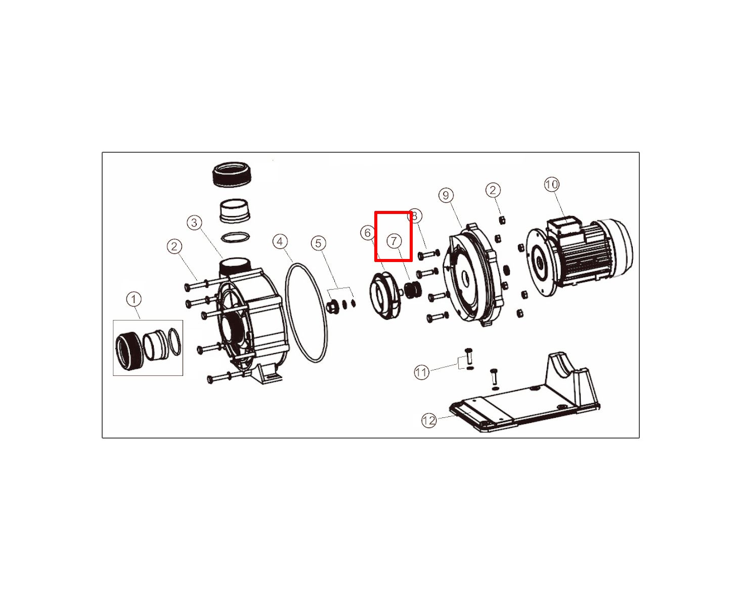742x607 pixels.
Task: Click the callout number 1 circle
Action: tap(134, 299)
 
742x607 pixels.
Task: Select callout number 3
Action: tap(194, 223)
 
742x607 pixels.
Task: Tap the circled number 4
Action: tap(280, 241)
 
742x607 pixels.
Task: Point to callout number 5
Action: tap(319, 243)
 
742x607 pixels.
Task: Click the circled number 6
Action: tap(368, 233)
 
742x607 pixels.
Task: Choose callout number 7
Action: tap(394, 241)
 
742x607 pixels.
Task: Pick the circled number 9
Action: tap(446, 195)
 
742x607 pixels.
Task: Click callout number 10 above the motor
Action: tap(552, 185)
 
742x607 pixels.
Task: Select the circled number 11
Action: tap(421, 372)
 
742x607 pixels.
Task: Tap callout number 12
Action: tap(429, 420)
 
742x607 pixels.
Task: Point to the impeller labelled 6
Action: tap(386, 295)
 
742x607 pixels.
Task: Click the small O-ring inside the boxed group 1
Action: tap(175, 342)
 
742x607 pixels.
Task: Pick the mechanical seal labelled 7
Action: tap(413, 290)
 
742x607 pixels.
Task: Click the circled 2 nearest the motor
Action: tap(493, 190)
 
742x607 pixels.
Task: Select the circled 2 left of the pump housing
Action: tap(174, 246)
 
